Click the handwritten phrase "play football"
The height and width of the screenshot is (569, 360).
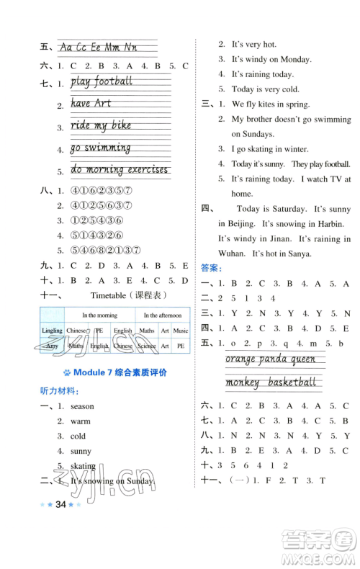coord(102,81)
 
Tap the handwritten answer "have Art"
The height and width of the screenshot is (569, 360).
coord(91,104)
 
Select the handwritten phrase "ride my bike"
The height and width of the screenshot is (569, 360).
coord(101,125)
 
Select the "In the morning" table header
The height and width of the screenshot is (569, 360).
coord(99,315)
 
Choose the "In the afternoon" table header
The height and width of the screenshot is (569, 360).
coord(163,315)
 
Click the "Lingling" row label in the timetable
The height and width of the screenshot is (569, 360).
coord(52,331)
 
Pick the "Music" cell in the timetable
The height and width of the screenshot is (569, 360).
coord(181,331)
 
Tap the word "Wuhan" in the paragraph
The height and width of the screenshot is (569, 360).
coord(233,254)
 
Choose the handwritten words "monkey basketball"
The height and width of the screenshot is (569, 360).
coord(271,382)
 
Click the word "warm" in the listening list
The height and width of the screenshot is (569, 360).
coord(81,421)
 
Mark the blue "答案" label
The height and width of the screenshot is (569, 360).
coord(211,269)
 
